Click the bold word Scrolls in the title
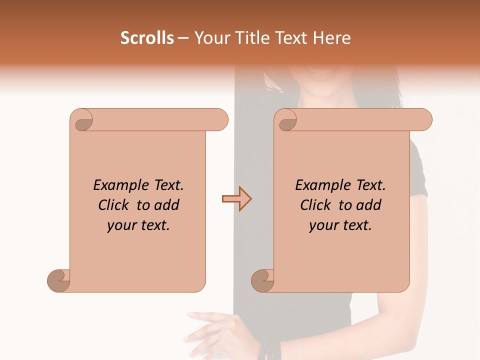tap(147, 38)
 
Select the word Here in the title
tap(332, 38)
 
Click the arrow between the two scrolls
tap(236, 199)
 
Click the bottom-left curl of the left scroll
tap(59, 280)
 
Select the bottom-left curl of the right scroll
tap(263, 280)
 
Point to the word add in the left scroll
tap(167, 205)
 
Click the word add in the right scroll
tap(369, 205)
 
